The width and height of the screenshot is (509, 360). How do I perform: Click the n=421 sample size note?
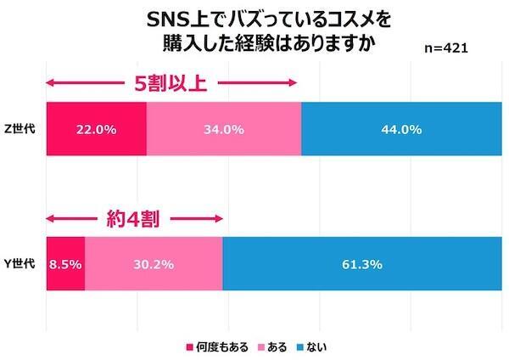click(445, 49)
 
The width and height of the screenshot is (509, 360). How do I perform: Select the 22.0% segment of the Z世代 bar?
click(96, 130)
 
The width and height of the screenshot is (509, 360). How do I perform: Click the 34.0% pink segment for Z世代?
click(224, 130)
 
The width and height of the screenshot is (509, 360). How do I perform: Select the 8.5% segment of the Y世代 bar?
click(64, 264)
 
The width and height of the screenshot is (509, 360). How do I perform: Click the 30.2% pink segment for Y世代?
click(154, 264)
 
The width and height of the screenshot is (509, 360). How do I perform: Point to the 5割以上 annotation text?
click(171, 83)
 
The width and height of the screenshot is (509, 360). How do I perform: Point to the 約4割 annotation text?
click(133, 217)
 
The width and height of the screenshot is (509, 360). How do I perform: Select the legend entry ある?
click(277, 346)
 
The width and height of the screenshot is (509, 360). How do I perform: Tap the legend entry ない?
click(318, 346)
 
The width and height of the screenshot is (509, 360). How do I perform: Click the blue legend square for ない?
click(301, 346)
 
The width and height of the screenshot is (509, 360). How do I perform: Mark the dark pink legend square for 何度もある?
click(190, 346)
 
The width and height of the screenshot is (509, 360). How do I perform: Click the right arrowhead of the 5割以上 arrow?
click(294, 83)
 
